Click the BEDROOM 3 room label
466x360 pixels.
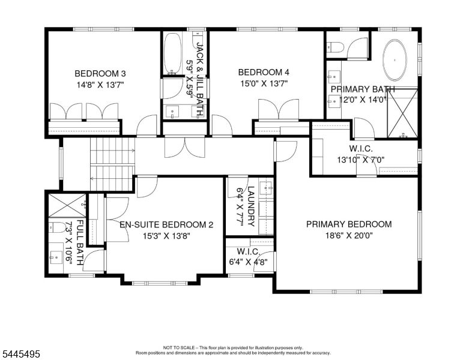coord(100,73)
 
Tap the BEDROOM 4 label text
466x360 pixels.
coord(264,72)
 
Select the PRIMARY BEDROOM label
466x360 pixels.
coord(349,224)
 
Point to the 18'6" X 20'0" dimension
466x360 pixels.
coord(349,236)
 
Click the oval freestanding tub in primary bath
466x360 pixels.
coord(395,60)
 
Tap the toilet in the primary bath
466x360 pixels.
coord(334,47)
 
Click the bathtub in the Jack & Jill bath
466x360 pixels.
coord(172,54)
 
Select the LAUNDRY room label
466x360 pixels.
coord(251,206)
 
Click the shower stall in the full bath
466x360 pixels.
coord(67,205)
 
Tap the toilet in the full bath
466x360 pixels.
coord(57,227)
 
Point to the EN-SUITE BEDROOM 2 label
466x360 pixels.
coord(166,224)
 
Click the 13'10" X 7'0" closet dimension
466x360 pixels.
coord(361,160)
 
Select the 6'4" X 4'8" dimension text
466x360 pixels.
coord(249,262)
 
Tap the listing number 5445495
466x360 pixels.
coord(21,354)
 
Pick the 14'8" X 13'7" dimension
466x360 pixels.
coord(100,85)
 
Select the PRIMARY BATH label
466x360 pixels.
coord(363,89)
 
